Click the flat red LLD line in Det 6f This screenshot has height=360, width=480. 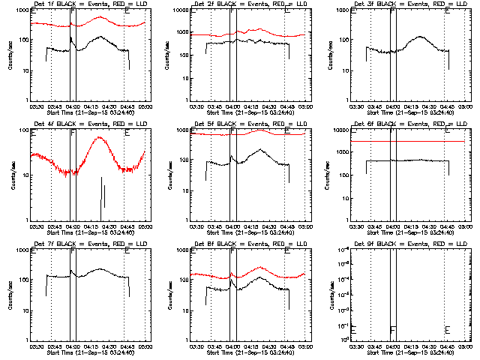pos(405,141)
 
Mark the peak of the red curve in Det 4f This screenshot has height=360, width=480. pos(100,138)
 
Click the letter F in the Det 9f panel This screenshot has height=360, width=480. pos(393,329)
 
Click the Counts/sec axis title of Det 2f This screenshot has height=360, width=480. pos(169,55)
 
